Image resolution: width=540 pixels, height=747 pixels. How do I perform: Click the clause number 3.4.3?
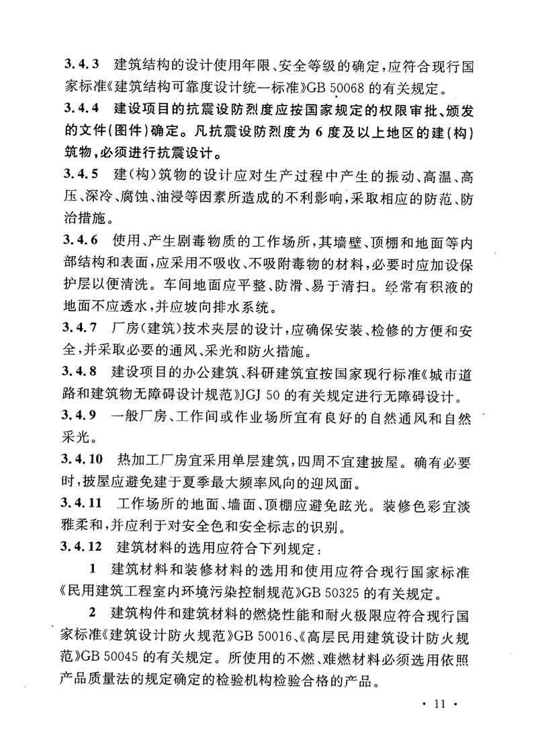pos(80,65)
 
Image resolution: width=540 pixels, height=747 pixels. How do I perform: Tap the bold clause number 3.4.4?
pos(80,107)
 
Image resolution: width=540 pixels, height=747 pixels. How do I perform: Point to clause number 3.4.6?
pos(80,241)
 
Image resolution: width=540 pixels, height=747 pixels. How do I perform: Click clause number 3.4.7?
pos(80,330)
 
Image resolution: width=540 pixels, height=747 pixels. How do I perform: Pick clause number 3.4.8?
pos(80,371)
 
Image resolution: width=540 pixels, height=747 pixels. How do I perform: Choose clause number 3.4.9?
pos(80,414)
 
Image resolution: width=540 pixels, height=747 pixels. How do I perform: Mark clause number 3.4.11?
pos(83,504)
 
